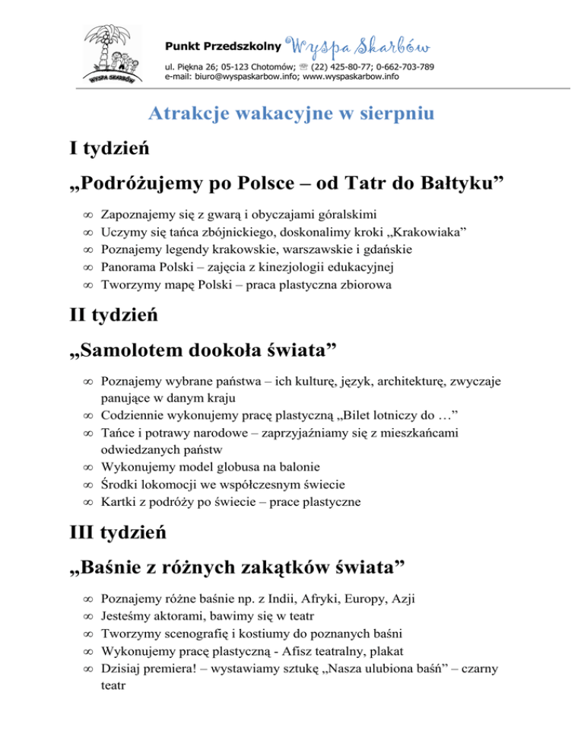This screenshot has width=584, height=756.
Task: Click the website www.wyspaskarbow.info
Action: coord(351,77)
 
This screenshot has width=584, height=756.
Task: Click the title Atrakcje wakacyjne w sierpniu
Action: coord(291,115)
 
